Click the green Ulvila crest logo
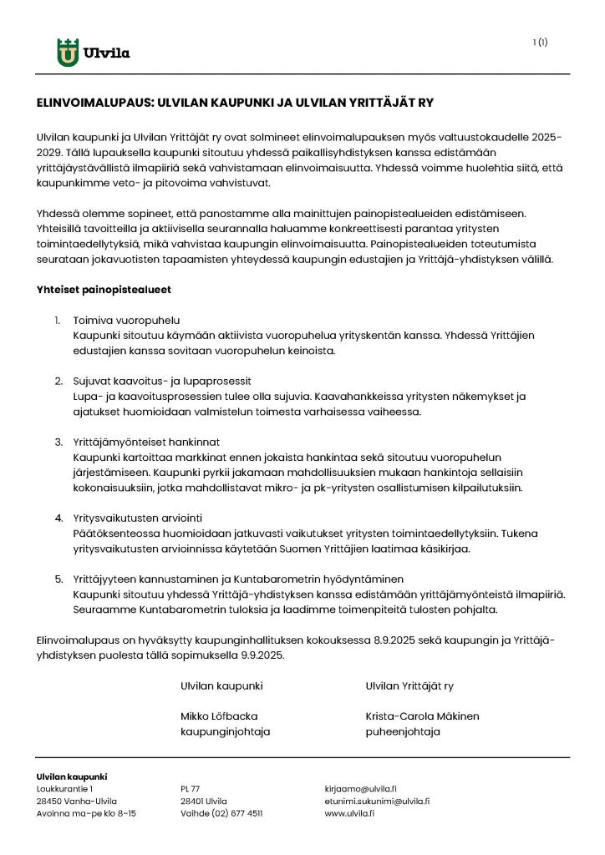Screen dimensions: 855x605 tap(68, 53)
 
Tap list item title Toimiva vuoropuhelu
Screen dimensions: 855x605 tap(126, 321)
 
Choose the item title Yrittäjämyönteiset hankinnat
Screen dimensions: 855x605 tap(146, 442)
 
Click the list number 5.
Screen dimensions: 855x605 tap(58, 579)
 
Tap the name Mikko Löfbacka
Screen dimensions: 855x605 tap(219, 716)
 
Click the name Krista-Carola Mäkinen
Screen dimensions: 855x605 tap(422, 716)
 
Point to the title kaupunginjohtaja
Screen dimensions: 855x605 tap(225, 731)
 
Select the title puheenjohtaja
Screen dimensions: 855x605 tap(403, 731)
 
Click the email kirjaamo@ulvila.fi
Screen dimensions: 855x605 tap(360, 788)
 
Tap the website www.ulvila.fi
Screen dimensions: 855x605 tap(349, 812)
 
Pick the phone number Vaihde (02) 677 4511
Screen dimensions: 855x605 tap(221, 812)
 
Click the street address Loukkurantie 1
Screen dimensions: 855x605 tap(65, 788)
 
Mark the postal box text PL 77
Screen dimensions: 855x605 tap(191, 788)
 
